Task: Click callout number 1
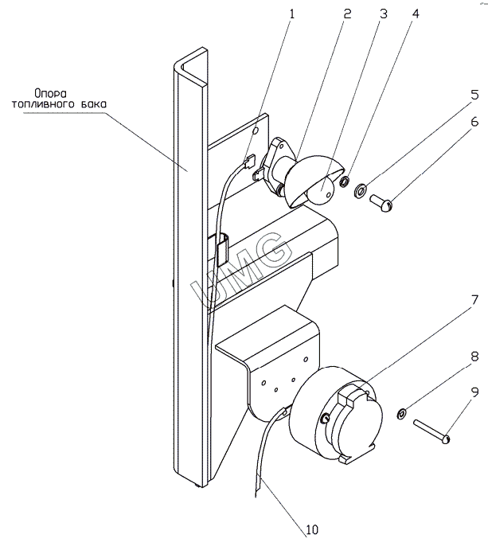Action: tap(291, 14)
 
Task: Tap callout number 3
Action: tap(385, 14)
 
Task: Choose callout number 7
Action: tap(474, 300)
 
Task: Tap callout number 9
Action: tap(474, 392)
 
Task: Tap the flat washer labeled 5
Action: tap(361, 190)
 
